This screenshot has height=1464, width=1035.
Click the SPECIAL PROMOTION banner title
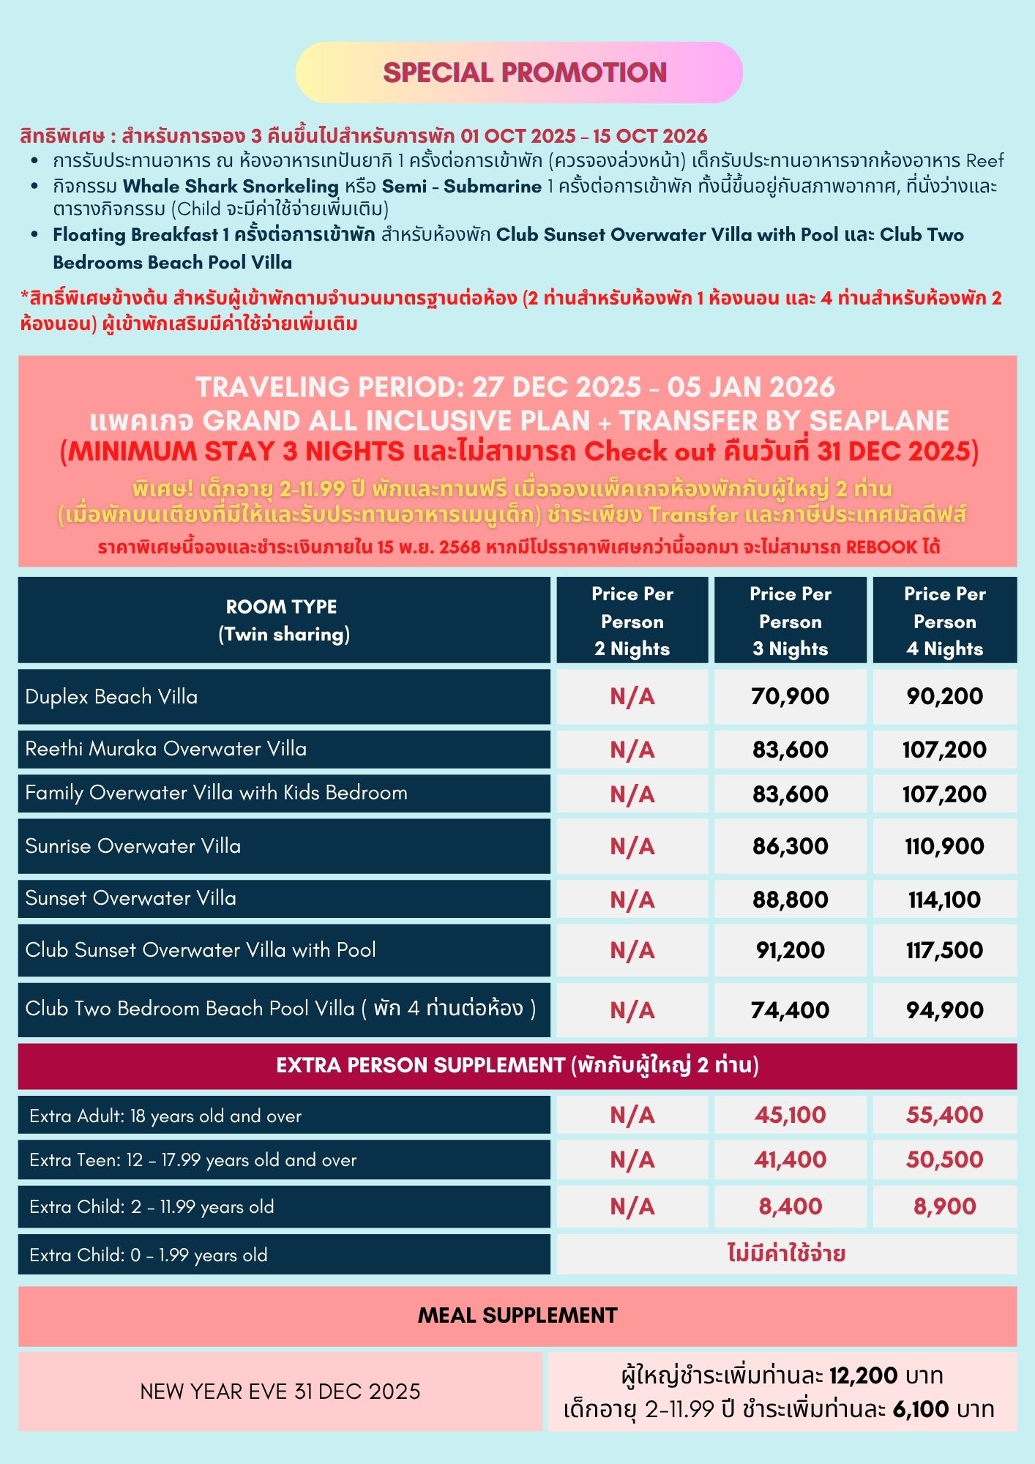click(x=524, y=72)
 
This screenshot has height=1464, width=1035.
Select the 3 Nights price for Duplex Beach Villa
click(x=790, y=696)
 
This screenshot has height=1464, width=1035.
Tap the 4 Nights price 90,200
click(x=944, y=696)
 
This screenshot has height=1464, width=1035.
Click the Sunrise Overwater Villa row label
click(x=133, y=846)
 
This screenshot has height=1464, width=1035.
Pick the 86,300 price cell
click(x=790, y=846)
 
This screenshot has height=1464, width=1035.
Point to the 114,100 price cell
click(x=944, y=900)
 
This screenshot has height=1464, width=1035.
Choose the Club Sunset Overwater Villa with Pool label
click(x=201, y=950)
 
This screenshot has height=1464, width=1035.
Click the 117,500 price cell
click(x=944, y=950)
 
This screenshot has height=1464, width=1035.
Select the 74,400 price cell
click(x=790, y=1010)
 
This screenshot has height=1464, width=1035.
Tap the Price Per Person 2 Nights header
click(x=632, y=621)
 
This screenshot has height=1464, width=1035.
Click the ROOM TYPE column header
click(x=283, y=621)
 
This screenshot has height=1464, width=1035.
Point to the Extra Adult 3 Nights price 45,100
click(x=790, y=1115)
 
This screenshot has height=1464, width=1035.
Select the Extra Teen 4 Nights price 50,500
click(x=944, y=1159)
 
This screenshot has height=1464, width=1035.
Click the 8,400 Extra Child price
click(x=790, y=1206)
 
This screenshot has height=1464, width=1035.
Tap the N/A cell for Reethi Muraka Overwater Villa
click(x=632, y=750)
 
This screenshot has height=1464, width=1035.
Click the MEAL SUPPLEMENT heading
click(x=517, y=1315)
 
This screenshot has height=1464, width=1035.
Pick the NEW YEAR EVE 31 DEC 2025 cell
click(x=280, y=1392)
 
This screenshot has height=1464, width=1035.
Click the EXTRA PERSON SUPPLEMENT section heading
click(x=517, y=1065)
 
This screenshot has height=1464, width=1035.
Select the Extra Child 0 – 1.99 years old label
click(x=149, y=1255)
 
